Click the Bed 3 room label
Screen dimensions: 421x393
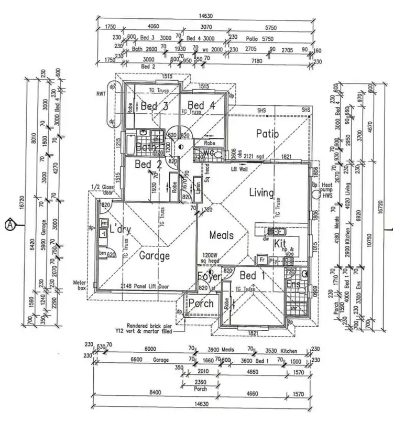pyautogui.click(x=155, y=106)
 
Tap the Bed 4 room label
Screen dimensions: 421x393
pyautogui.click(x=201, y=105)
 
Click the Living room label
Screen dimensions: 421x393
pyautogui.click(x=261, y=193)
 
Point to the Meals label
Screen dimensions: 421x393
pyautogui.click(x=221, y=235)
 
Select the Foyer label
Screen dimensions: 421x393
pyautogui.click(x=208, y=276)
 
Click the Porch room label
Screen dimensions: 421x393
pyautogui.click(x=201, y=303)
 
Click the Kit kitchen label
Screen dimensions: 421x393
pyautogui.click(x=280, y=244)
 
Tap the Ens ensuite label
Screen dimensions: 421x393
pyautogui.click(x=294, y=284)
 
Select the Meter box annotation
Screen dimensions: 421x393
pyautogui.click(x=80, y=285)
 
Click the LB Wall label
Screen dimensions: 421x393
pyautogui.click(x=239, y=170)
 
